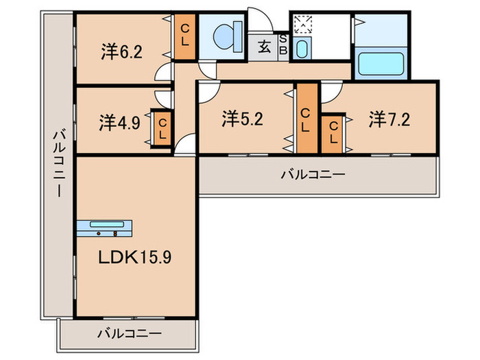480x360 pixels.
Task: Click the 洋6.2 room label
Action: pyautogui.click(x=121, y=53)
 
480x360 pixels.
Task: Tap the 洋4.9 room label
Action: pyautogui.click(x=119, y=123)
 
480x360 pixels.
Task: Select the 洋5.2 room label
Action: pyautogui.click(x=242, y=119)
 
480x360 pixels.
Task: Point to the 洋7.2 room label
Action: pyautogui.click(x=389, y=119)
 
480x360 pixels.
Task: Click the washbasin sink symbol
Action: pyautogui.click(x=301, y=48)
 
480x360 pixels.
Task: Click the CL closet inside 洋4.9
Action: pyautogui.click(x=163, y=128)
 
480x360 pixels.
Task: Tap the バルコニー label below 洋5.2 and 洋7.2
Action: pyautogui.click(x=312, y=174)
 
